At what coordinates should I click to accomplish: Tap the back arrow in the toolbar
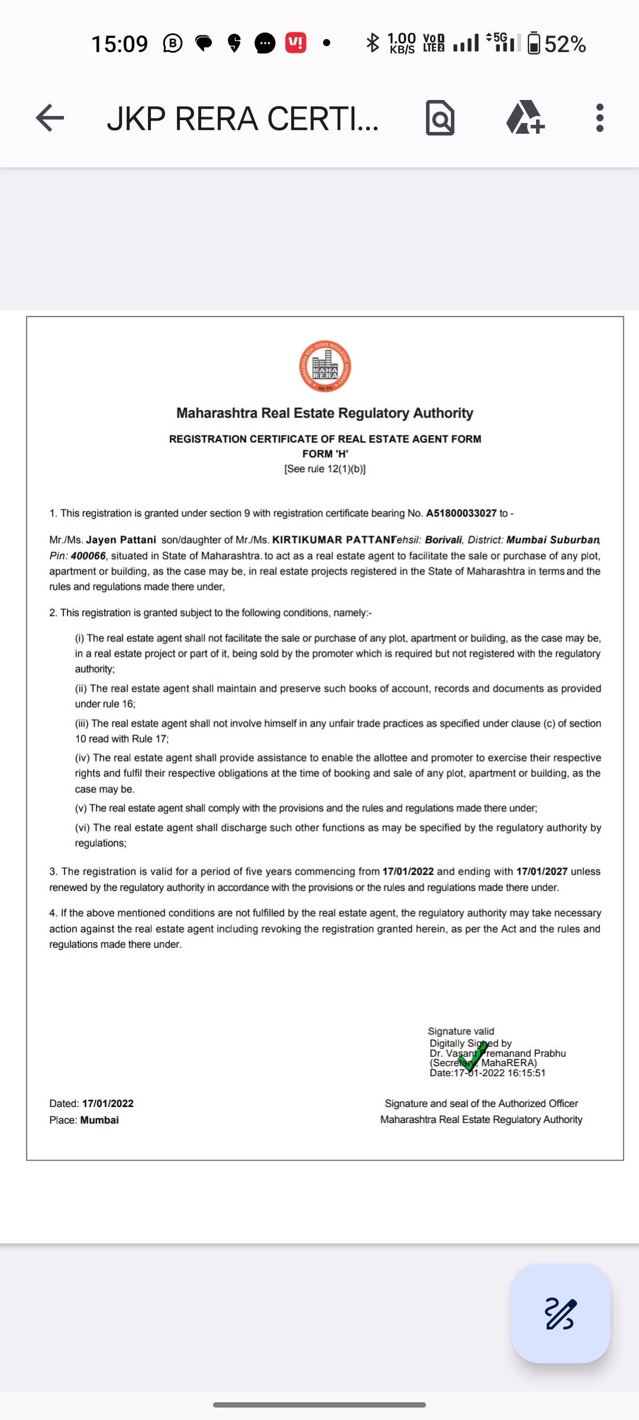coord(50,118)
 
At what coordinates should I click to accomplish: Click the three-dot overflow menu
coord(599,118)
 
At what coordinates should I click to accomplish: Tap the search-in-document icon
coord(440,118)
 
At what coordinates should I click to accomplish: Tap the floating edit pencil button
coord(560,1313)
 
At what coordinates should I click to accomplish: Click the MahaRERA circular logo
coord(325,366)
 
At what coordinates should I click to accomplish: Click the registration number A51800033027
coord(461,513)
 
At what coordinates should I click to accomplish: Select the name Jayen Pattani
coord(121,540)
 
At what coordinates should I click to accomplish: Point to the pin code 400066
coord(88,556)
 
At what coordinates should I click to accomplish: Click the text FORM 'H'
coord(325,454)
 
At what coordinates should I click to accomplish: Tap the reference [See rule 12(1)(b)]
coord(325,469)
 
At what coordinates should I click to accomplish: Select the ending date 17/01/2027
coord(541,872)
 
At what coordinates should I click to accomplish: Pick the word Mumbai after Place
coord(99,1120)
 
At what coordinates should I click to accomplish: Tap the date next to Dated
coord(108,1103)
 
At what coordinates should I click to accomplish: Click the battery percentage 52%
coord(565,44)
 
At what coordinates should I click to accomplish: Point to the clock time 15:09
coord(120,44)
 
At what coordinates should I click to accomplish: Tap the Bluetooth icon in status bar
coord(372,43)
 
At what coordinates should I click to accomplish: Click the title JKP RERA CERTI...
coord(243,118)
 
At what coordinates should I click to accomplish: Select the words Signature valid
coord(461,1031)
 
